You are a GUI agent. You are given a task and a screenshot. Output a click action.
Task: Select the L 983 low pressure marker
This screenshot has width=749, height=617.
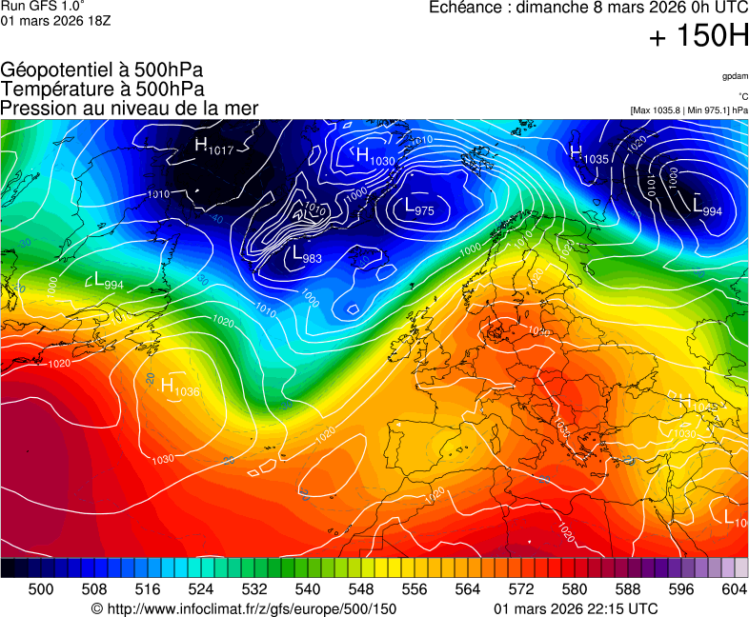point(307,255)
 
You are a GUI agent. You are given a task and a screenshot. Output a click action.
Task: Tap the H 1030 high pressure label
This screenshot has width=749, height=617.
point(374,156)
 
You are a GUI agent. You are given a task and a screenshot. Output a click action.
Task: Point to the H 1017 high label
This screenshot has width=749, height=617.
point(213,146)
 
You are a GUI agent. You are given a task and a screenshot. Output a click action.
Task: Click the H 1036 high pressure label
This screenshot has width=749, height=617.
point(179,387)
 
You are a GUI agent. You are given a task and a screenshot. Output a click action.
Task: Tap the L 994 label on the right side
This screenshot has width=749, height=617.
point(706,209)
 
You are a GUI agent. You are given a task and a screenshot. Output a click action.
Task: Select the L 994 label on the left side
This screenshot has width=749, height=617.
point(108,281)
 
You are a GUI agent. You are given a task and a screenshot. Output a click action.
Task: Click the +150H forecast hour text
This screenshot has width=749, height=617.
point(698,37)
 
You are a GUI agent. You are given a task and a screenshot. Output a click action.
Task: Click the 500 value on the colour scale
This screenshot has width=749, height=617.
point(41,589)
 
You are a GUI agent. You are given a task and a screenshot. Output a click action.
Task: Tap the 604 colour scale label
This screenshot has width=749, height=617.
point(735,589)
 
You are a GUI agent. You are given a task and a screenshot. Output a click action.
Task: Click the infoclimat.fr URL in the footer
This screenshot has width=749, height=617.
point(243,608)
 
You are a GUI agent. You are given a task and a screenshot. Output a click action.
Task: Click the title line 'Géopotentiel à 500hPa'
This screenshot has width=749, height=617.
point(102,70)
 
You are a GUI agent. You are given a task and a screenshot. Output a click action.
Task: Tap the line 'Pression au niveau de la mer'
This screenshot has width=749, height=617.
point(130,108)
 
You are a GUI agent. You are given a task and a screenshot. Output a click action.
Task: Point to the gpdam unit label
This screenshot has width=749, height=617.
point(734,75)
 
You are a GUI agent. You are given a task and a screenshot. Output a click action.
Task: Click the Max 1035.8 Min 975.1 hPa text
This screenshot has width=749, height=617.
point(688,110)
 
